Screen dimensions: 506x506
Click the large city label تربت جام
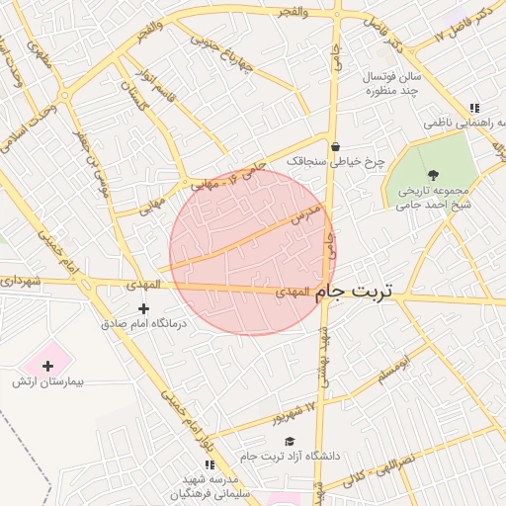click(x=353, y=293)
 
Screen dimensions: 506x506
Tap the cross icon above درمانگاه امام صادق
click(x=144, y=309)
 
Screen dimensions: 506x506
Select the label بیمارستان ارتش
click(x=49, y=381)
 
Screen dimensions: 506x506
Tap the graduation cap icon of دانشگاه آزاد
click(x=290, y=441)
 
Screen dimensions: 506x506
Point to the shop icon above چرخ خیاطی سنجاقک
click(x=336, y=145)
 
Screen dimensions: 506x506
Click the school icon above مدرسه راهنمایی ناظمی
click(x=474, y=109)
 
